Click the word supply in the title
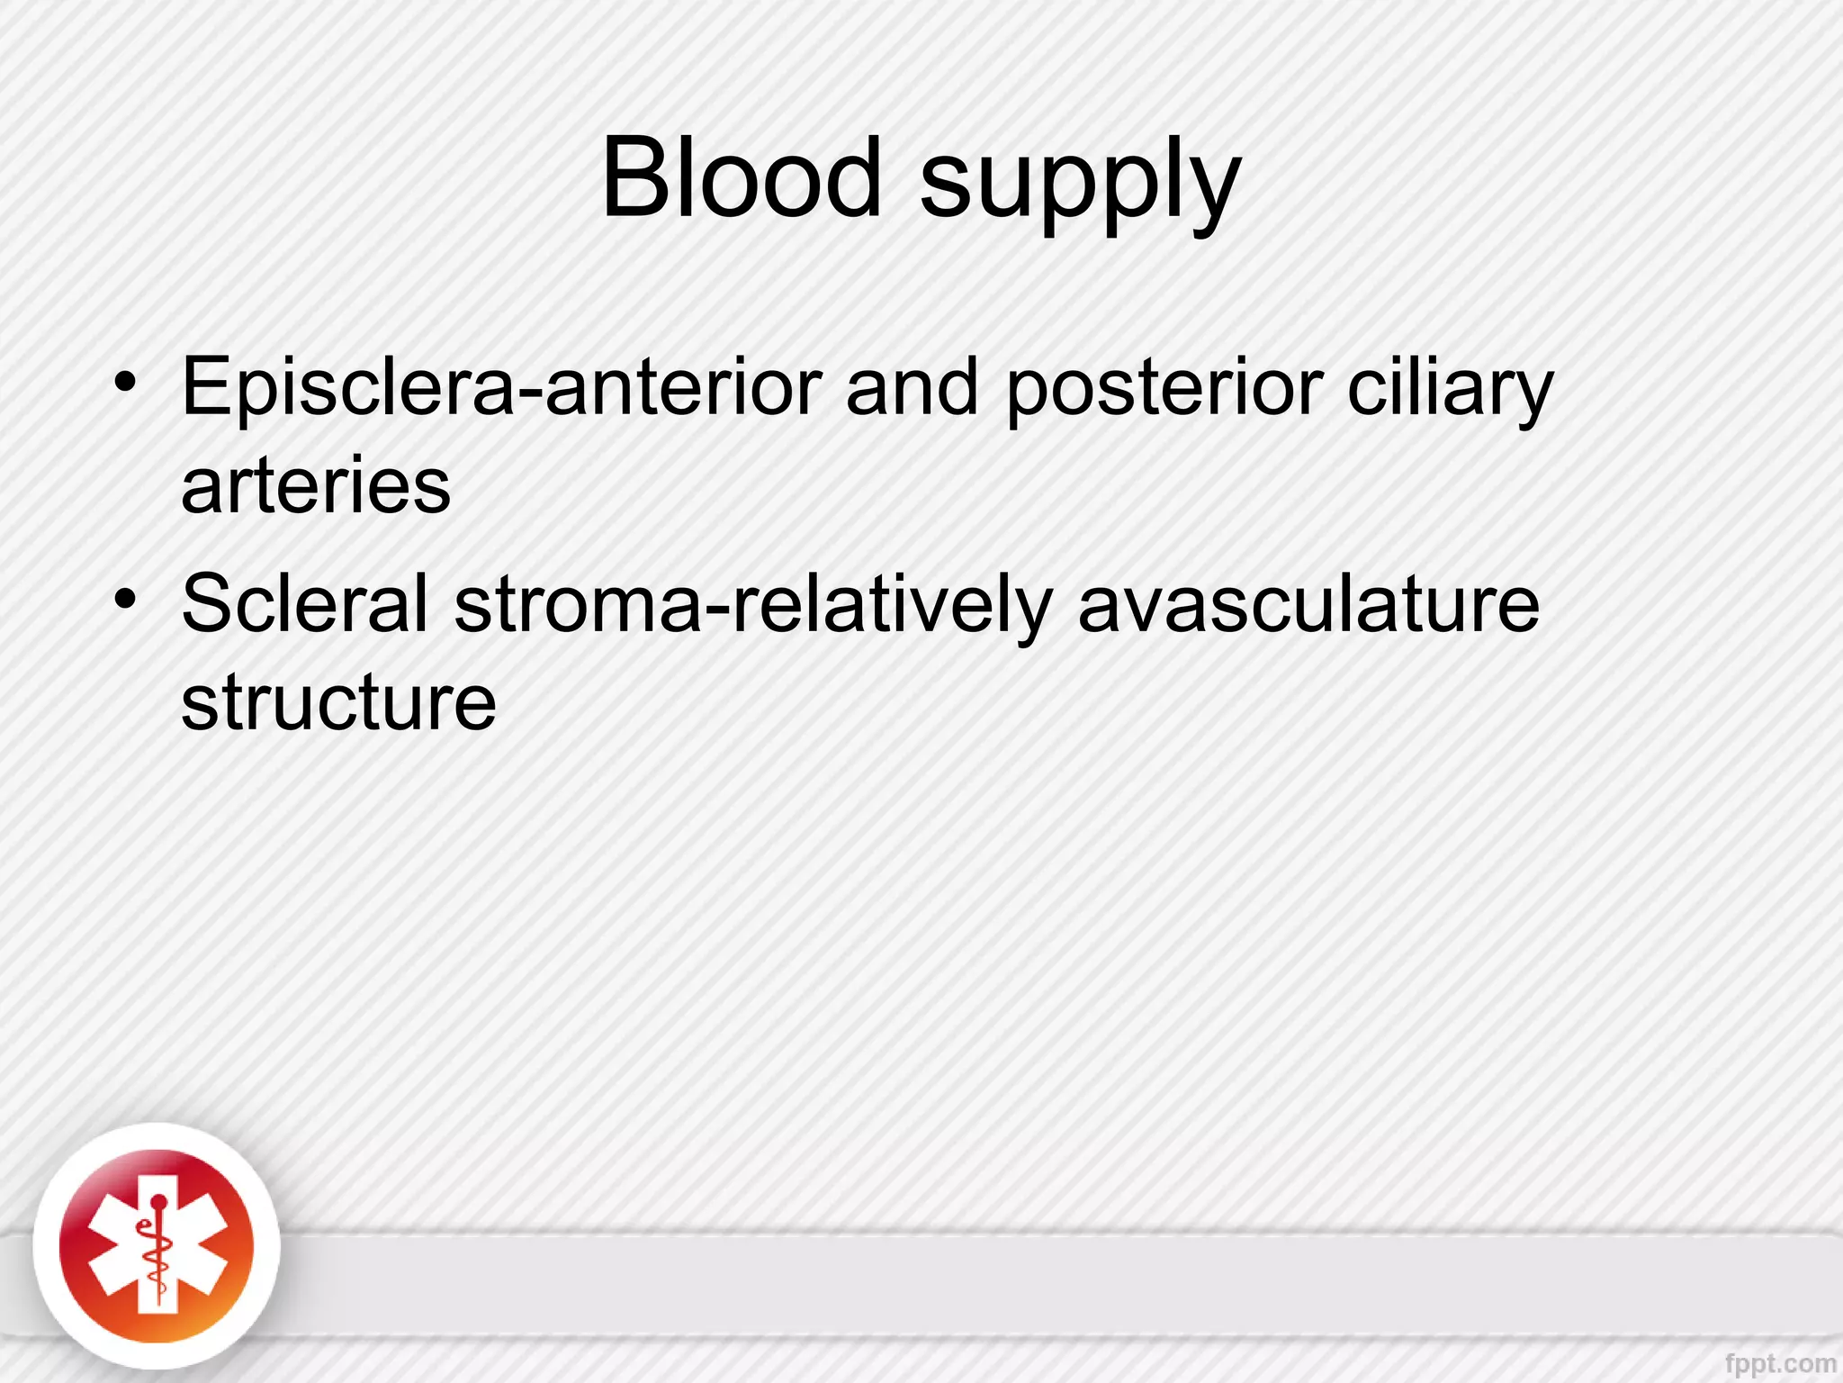coord(1080,185)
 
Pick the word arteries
coord(316,486)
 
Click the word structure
coord(338,702)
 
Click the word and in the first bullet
coord(912,387)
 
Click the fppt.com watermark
coord(1780,1362)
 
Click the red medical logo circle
coord(157,1246)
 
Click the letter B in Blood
coord(633,177)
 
